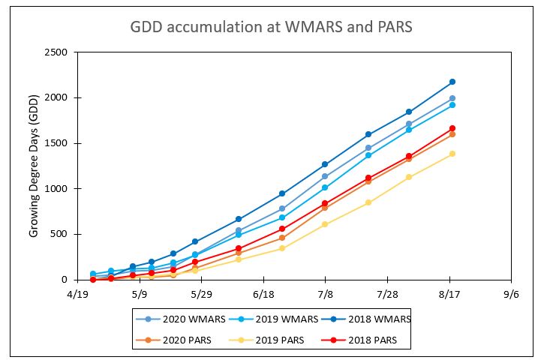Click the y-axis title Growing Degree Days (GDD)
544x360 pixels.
(34, 166)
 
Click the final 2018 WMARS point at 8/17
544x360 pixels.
(452, 82)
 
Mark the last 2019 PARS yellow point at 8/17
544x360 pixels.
(452, 154)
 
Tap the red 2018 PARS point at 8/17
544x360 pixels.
(452, 128)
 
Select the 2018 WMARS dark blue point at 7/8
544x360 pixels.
(325, 164)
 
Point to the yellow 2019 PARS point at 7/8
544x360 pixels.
(325, 224)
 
